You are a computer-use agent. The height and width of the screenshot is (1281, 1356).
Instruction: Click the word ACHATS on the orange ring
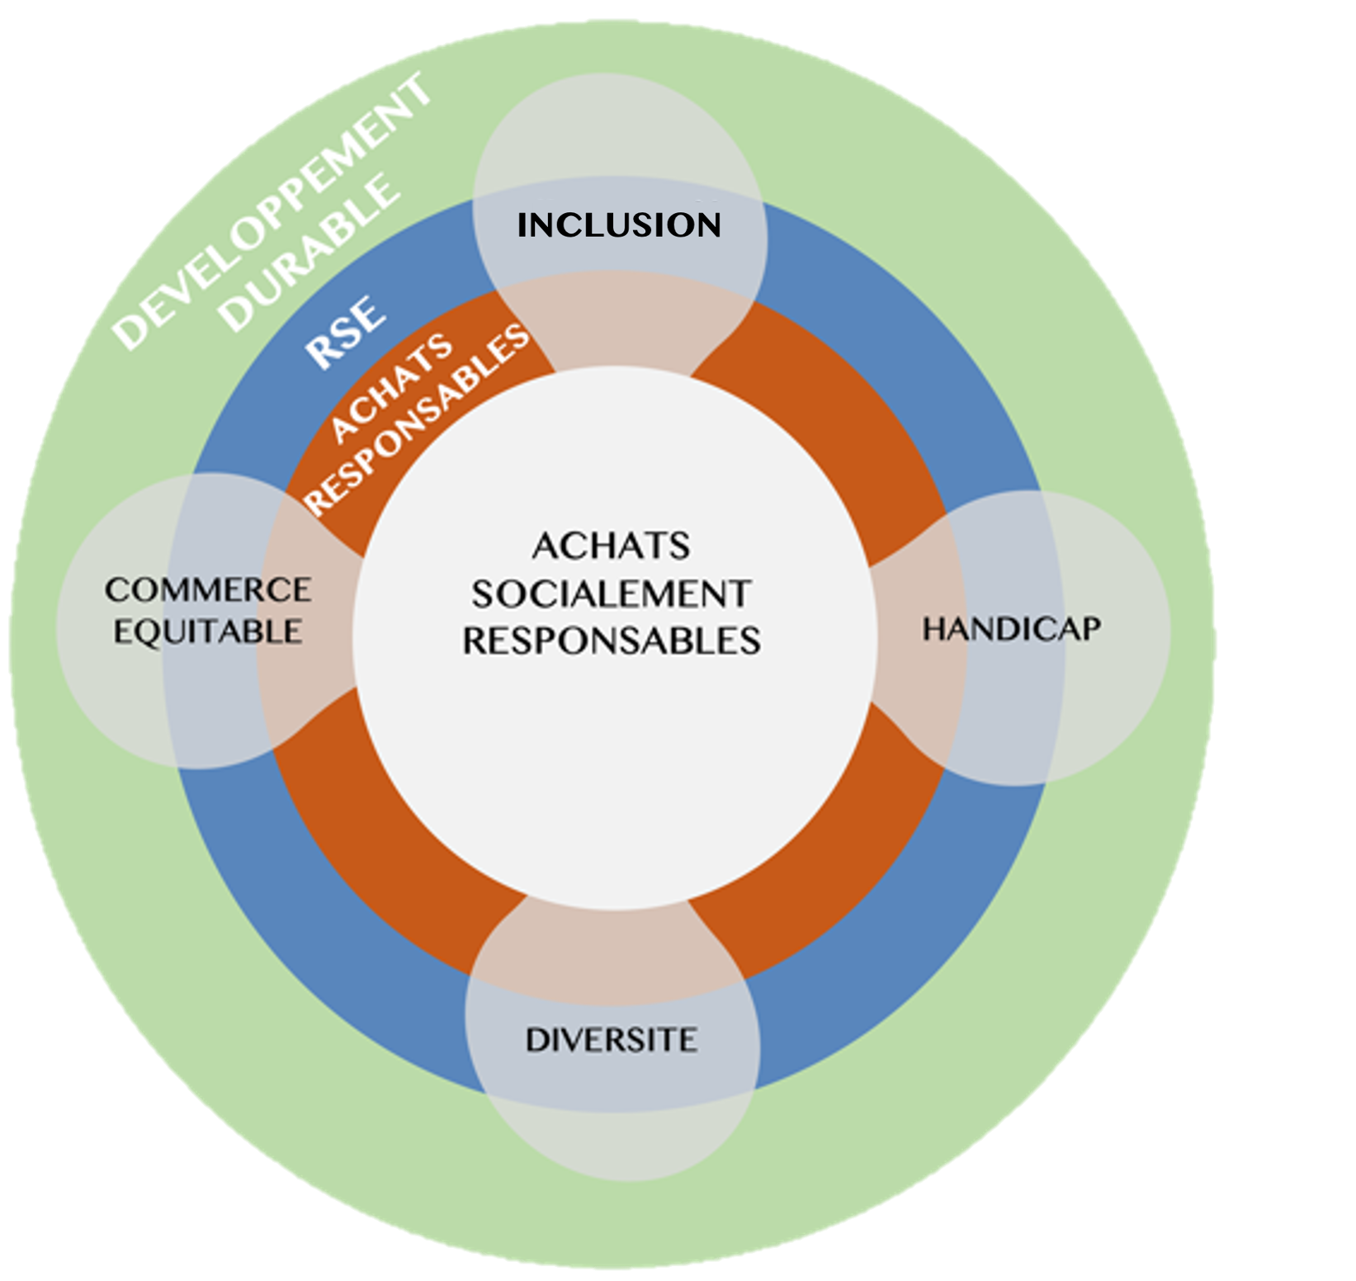pos(391,388)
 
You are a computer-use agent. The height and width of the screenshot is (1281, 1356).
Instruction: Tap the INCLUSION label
pos(619,225)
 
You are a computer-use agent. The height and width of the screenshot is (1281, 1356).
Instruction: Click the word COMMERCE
pos(208,590)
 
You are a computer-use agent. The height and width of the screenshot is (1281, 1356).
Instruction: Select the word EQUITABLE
pos(208,632)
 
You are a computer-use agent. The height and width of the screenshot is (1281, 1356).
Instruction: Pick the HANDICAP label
pos(1011,630)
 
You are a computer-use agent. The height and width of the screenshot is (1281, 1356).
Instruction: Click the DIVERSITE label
pos(612,1040)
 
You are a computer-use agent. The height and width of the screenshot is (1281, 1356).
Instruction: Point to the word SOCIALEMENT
pos(612,594)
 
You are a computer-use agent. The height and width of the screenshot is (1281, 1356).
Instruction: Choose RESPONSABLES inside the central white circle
pos(612,641)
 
